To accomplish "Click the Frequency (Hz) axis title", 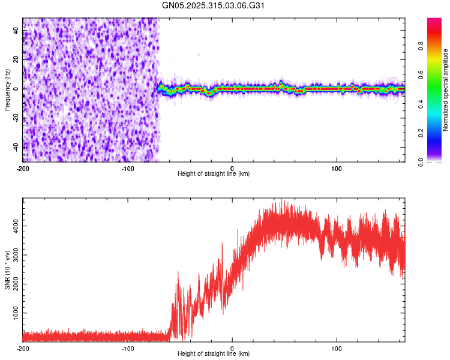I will [7, 90].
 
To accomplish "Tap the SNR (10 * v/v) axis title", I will [7, 270].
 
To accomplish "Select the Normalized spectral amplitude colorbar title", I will [446, 90].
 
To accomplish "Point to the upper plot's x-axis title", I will [214, 173].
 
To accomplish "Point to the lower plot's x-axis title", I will [214, 353].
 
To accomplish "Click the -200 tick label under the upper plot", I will [23, 167].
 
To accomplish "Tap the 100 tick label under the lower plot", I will [337, 347].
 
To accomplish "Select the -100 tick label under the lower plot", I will [127, 347].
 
